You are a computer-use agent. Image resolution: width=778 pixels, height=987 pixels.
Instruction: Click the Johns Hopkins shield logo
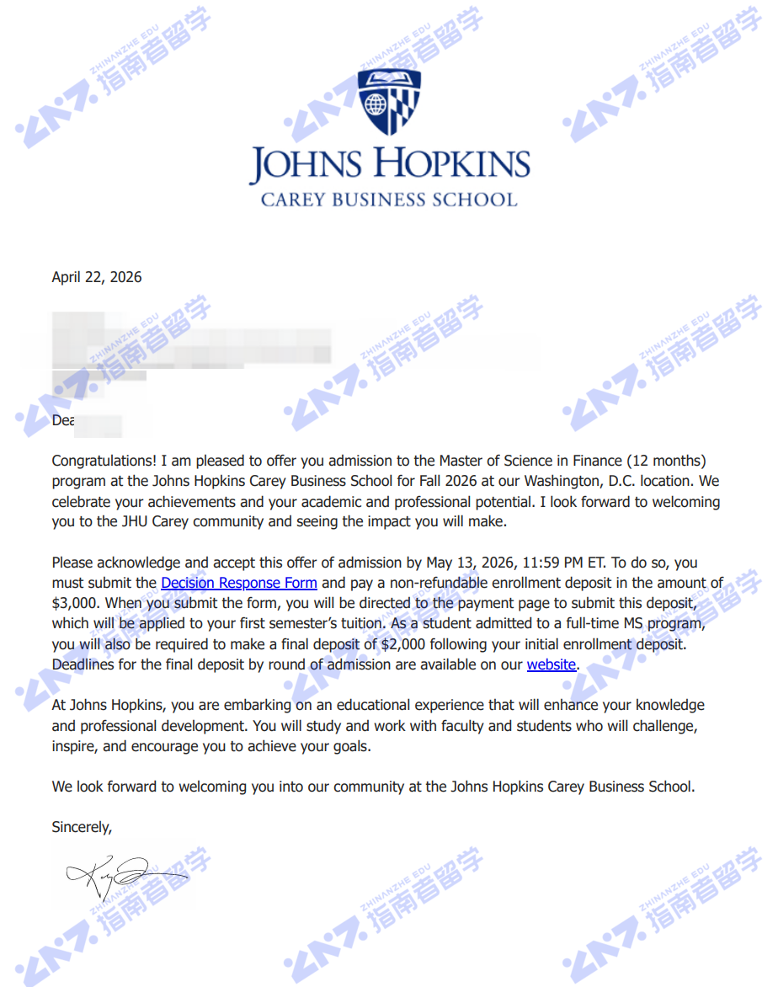click(x=389, y=102)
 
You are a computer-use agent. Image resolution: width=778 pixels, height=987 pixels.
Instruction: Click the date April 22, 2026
click(x=97, y=277)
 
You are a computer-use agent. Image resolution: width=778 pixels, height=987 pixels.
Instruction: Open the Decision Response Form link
click(x=239, y=583)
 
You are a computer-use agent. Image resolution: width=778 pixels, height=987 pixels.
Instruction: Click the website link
click(x=552, y=664)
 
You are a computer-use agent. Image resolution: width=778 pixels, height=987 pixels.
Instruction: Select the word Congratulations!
click(x=104, y=461)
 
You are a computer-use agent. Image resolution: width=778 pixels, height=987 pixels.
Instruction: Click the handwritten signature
click(x=118, y=876)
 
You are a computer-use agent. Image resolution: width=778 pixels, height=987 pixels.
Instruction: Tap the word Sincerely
click(x=82, y=827)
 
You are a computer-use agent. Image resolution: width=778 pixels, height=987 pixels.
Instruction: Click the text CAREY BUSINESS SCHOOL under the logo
click(x=389, y=200)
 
